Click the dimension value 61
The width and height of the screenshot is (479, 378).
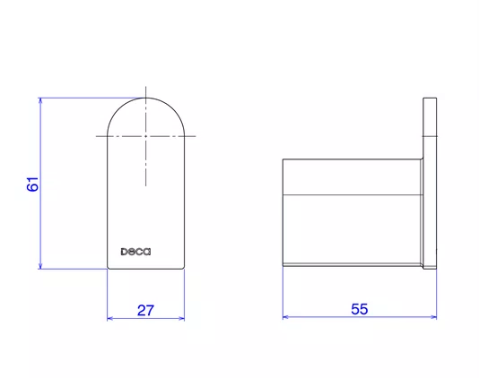tap(32, 184)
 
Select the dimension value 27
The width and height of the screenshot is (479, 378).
tap(145, 310)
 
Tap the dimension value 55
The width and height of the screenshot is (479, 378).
tap(360, 309)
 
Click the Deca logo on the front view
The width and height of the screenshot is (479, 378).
tap(135, 252)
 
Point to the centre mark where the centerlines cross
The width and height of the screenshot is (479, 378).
tap(145, 136)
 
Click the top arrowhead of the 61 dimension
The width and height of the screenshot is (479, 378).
tap(40, 100)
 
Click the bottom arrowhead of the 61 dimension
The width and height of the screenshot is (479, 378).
tap(40, 266)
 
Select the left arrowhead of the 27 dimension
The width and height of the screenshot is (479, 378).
tap(110, 319)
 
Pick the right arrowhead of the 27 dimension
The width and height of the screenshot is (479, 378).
tap(182, 319)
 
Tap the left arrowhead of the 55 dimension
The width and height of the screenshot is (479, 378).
tap(285, 317)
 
